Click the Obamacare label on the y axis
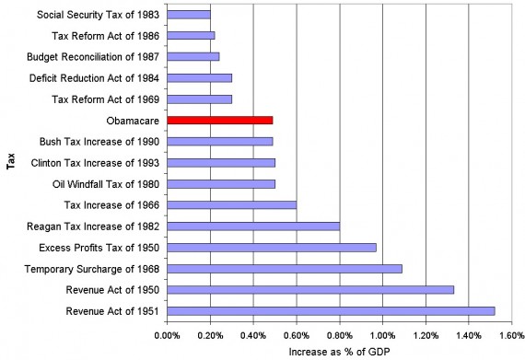pos(134,121)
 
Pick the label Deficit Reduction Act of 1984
pos(100,78)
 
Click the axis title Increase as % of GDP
pos(339,351)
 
